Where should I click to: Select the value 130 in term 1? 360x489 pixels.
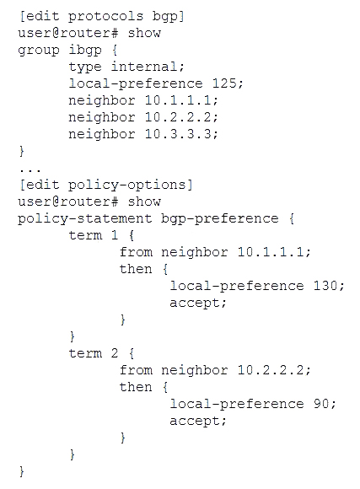click(x=326, y=285)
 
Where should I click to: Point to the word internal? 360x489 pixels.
click(x=145, y=67)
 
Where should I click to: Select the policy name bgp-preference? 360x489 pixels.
click(x=219, y=219)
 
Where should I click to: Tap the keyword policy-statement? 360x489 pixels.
click(x=85, y=219)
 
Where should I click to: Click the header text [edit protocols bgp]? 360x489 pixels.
click(x=102, y=17)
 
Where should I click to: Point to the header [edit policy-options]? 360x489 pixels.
click(x=106, y=185)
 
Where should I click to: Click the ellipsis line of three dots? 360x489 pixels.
click(x=30, y=170)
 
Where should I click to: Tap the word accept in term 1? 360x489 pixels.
click(x=195, y=303)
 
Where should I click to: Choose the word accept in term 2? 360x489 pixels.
click(x=195, y=421)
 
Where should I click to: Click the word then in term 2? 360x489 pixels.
click(x=136, y=387)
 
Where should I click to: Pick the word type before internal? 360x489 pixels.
click(x=85, y=67)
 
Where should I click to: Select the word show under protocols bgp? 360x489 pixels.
click(x=144, y=33)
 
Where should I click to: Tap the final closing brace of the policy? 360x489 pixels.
click(x=22, y=471)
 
